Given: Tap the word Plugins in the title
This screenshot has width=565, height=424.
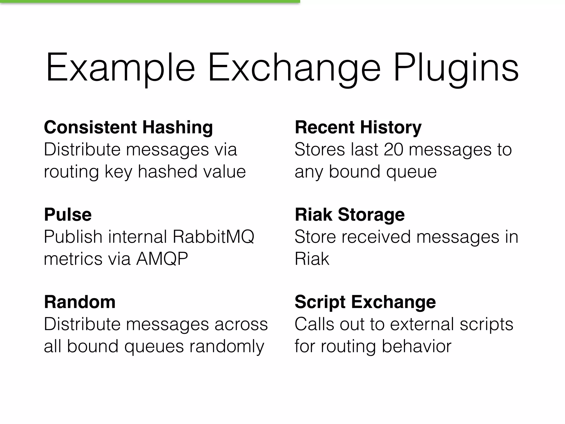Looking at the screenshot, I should coord(456,68).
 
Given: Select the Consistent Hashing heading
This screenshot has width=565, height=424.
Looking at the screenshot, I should coord(128,128).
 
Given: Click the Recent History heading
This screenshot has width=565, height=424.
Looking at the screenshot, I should coord(358,128).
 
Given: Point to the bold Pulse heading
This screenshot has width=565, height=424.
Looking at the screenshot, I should coord(68,215).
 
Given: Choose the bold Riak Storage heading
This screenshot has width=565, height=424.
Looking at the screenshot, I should coord(350,215).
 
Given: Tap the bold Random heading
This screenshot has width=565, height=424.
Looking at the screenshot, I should coord(80,302).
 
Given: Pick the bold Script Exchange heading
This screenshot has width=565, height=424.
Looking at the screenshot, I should coord(365,302).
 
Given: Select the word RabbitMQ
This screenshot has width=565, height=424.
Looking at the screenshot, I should coord(213,237).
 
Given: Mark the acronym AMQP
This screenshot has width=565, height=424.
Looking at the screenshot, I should coord(162,259).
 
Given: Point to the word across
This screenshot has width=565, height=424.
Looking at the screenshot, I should coord(241,324).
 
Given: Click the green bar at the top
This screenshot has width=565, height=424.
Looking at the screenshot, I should coord(150,1).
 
